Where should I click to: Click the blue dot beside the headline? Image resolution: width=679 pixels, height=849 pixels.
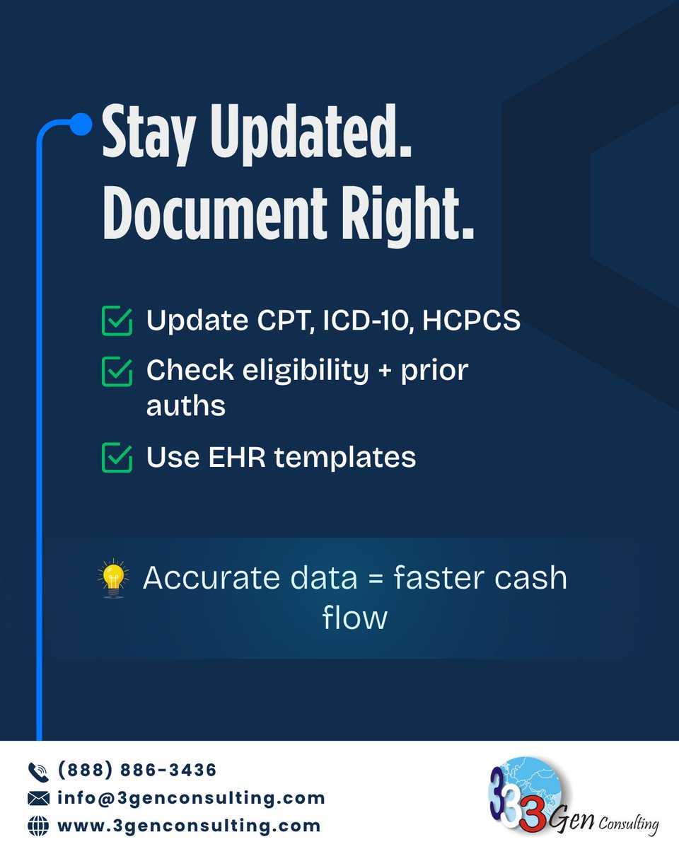click(x=82, y=125)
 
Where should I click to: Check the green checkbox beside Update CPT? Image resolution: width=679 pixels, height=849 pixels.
click(x=117, y=320)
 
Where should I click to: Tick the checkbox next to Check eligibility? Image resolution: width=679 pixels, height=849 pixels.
click(x=117, y=371)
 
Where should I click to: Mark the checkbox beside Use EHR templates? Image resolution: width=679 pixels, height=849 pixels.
click(x=117, y=457)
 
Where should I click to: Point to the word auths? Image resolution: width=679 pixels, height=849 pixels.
click(x=186, y=406)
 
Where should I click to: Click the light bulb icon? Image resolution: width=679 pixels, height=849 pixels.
click(x=113, y=579)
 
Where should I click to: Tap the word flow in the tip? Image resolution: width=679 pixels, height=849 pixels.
click(x=355, y=618)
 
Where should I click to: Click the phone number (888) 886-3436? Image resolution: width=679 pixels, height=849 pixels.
click(x=137, y=769)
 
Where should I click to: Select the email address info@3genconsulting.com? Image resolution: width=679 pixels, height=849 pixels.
click(x=191, y=797)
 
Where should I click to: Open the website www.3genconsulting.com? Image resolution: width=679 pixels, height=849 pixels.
click(x=189, y=825)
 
